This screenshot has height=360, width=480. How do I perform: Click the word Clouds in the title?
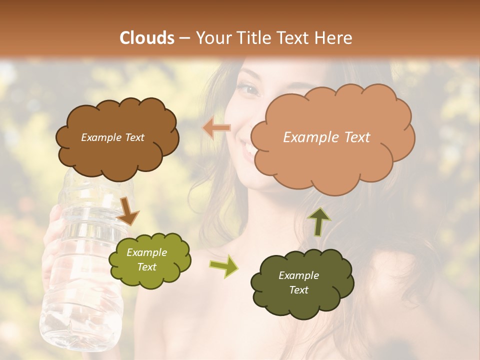click(147, 38)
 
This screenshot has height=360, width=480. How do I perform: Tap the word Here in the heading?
click(333, 38)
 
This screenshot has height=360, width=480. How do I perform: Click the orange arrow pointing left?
click(216, 128)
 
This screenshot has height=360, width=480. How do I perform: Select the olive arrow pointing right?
click(223, 265)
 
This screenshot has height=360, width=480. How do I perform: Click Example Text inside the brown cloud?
click(112, 137)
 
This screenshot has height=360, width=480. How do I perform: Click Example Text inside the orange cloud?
click(326, 137)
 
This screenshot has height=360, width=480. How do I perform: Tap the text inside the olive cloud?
click(147, 260)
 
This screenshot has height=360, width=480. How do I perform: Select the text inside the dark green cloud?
click(298, 282)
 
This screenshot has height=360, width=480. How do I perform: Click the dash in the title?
click(183, 38)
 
